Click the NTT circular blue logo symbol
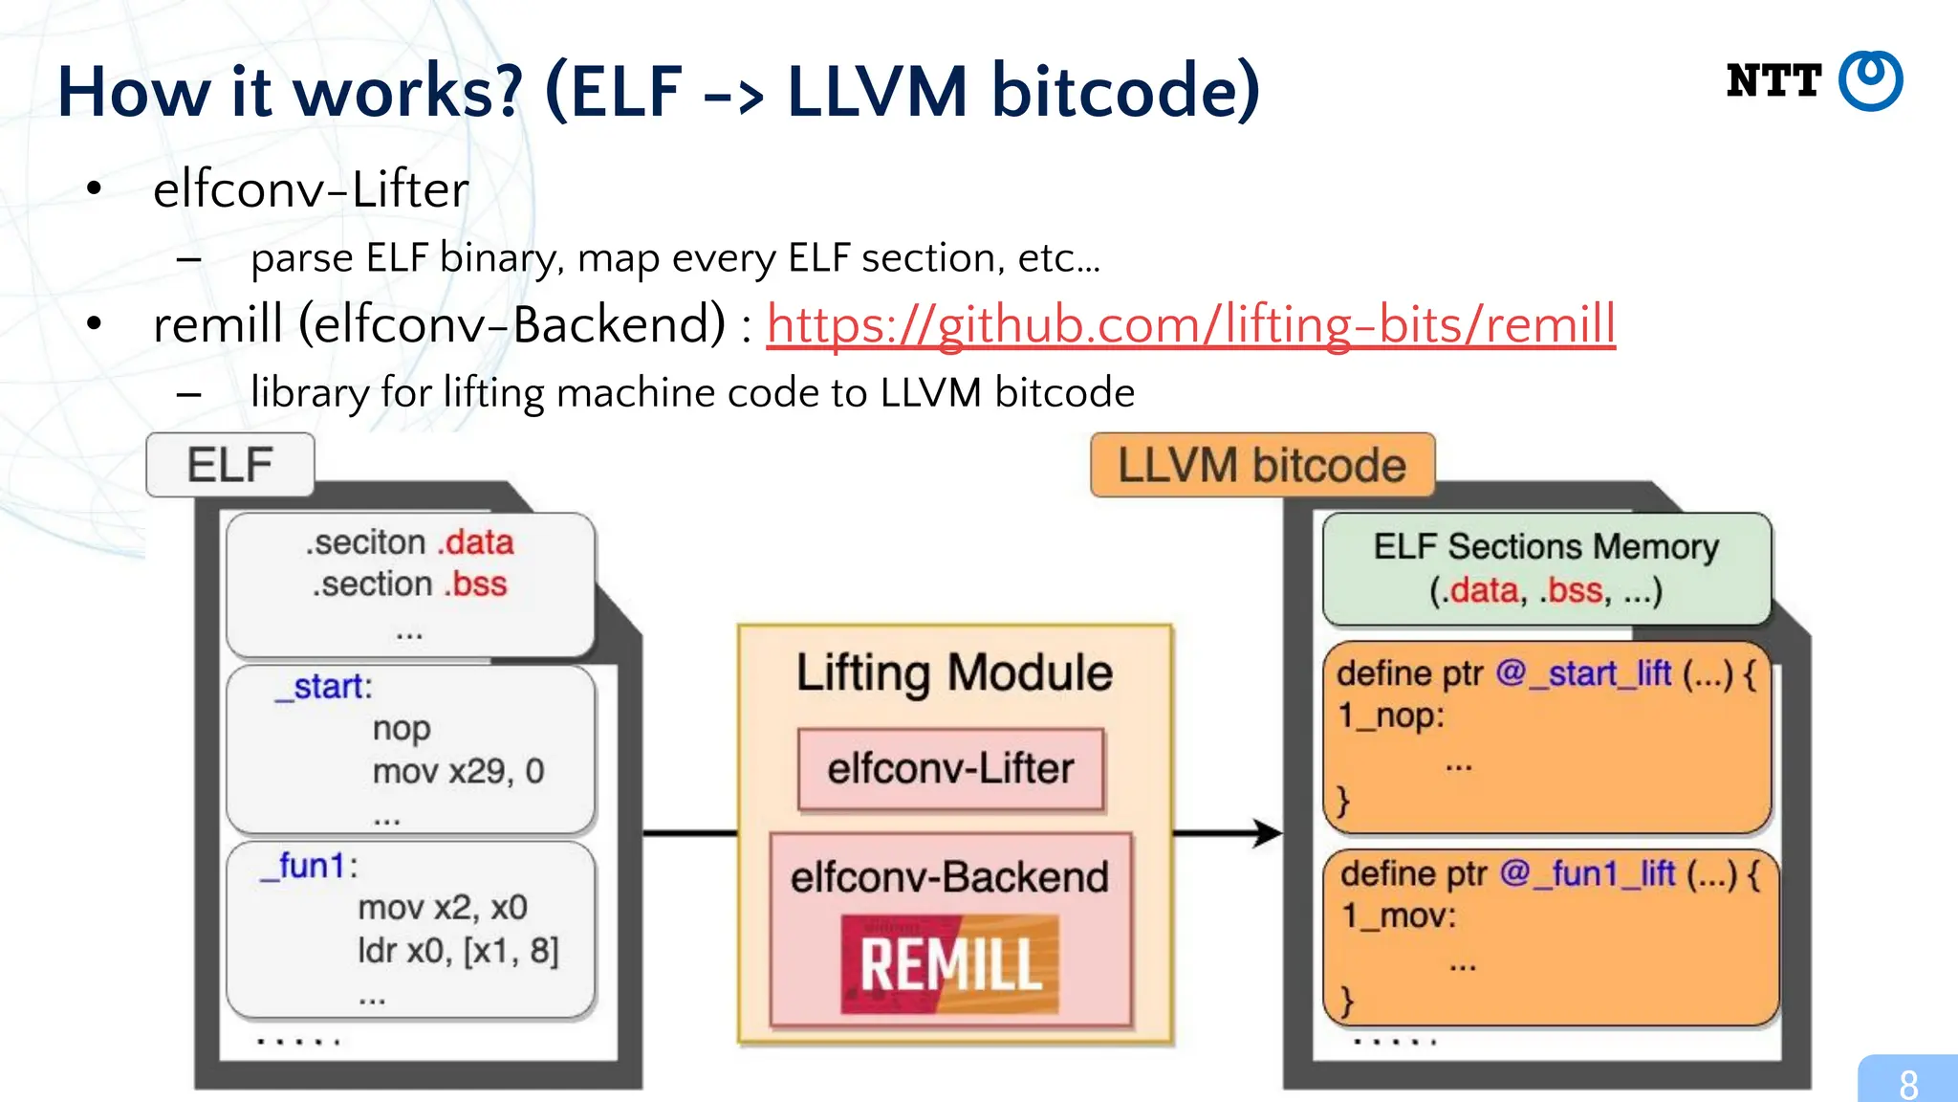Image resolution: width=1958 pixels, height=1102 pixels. [x=1871, y=81]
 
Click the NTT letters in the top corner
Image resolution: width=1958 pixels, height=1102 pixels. [x=1773, y=81]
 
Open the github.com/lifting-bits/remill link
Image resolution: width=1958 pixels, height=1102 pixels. [x=1190, y=324]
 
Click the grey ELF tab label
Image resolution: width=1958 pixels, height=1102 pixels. [x=230, y=465]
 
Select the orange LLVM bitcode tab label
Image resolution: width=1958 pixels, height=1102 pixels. [x=1262, y=466]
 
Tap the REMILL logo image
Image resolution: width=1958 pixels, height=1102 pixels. [x=950, y=964]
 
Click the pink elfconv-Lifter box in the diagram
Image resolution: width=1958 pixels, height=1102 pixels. [x=950, y=769]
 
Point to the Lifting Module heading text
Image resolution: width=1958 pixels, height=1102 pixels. [x=954, y=672]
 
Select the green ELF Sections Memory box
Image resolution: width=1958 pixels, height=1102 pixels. [x=1546, y=568]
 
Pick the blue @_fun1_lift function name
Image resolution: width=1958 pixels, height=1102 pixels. [x=1587, y=873]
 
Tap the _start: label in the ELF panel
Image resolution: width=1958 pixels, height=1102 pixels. [x=323, y=687]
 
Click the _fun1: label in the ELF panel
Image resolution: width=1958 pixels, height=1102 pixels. [x=310, y=866]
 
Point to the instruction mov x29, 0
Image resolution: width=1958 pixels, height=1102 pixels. [x=458, y=771]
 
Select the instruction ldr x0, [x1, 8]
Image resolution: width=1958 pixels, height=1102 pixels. [x=458, y=951]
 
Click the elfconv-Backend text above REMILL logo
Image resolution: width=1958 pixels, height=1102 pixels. [x=949, y=877]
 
